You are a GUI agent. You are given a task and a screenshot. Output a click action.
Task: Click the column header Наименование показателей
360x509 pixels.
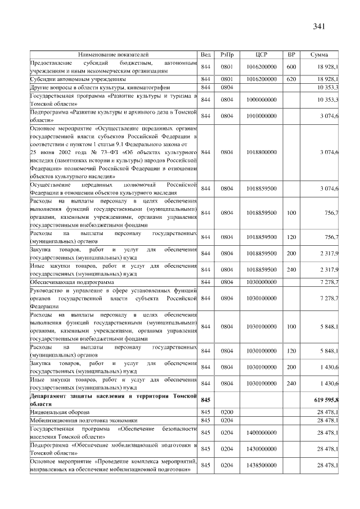(x=114, y=55)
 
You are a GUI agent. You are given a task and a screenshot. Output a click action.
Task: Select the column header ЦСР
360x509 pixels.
(x=261, y=55)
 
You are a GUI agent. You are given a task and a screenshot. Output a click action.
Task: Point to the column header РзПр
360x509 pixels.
(x=227, y=55)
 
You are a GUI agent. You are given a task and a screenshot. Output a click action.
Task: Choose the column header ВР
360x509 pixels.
(x=291, y=55)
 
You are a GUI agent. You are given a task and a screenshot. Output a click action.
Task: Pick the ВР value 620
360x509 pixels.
(x=291, y=79)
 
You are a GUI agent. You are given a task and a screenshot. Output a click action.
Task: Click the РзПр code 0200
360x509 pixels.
(x=227, y=412)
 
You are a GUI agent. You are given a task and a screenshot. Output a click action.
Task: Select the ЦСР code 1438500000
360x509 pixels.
(x=261, y=466)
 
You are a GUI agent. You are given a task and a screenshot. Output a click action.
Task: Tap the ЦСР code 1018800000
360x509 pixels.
(x=261, y=152)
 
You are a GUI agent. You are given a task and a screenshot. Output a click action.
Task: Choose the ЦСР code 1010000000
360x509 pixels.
(x=261, y=116)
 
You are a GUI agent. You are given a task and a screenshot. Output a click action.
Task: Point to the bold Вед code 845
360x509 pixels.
(x=205, y=399)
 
